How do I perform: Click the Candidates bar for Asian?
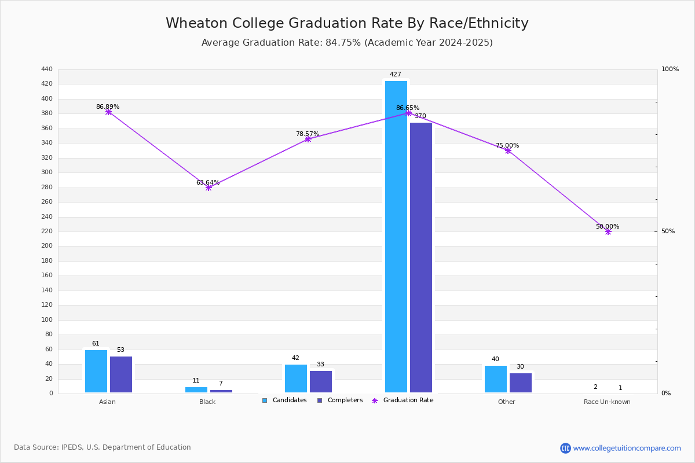(96, 371)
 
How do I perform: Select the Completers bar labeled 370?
(421, 258)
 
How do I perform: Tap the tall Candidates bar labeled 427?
(396, 237)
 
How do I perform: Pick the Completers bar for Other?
(521, 383)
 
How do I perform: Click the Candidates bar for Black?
(196, 390)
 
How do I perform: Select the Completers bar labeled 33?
(321, 382)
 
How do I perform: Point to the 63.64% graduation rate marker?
(209, 188)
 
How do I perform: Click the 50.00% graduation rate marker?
(608, 231)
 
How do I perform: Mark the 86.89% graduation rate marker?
(108, 112)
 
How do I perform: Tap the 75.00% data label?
(507, 145)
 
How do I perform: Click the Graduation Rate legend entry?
(403, 400)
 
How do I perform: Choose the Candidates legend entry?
(284, 400)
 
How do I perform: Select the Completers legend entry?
(340, 400)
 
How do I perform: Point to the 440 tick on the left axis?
(47, 69)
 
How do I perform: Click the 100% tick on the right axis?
(670, 69)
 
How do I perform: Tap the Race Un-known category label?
(607, 402)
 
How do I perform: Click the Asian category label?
(107, 402)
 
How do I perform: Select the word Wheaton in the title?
(197, 23)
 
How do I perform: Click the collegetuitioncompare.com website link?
(627, 448)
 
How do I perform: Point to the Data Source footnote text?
(103, 447)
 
